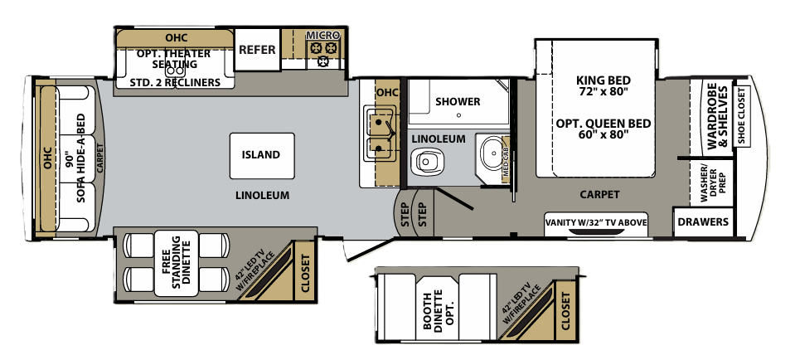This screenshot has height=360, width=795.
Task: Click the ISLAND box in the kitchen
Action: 261,155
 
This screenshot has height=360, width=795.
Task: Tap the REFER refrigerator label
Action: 257,50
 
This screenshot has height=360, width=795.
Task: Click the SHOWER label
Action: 458,101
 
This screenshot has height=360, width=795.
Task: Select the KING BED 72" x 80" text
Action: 603,86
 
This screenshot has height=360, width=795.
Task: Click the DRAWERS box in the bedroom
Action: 703,222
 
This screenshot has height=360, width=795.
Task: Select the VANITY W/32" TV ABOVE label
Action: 596,222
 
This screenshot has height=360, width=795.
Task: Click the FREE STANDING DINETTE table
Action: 176,263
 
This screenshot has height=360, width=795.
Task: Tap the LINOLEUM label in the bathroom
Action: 439,138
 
